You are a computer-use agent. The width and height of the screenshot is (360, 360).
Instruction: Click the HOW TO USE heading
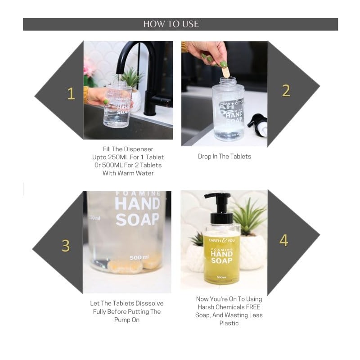[x=171, y=24]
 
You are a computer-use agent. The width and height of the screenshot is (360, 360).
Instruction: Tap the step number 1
[x=71, y=94]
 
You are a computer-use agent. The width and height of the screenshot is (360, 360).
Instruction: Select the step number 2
[x=286, y=91]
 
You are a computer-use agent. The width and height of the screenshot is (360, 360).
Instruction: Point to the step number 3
[x=66, y=246]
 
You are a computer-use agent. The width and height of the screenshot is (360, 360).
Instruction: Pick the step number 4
[x=284, y=240]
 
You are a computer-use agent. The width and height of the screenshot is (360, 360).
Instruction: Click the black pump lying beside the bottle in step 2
[x=257, y=125]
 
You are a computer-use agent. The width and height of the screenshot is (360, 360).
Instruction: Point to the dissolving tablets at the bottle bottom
[x=134, y=264]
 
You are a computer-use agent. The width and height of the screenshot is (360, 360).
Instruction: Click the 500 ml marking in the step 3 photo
[x=139, y=257]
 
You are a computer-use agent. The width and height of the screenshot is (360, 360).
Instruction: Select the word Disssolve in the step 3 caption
[x=149, y=303]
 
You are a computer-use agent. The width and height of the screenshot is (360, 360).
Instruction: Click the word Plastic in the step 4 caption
[x=229, y=323]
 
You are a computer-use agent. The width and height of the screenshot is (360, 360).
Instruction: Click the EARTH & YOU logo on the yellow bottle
[x=221, y=240]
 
